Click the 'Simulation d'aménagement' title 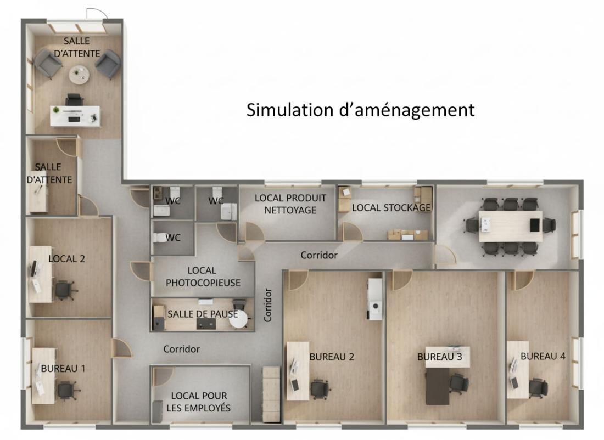[360, 110]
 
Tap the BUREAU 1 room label [63, 368]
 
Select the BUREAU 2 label [332, 357]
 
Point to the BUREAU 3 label [439, 357]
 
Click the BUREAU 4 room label [543, 356]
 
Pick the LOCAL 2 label [66, 259]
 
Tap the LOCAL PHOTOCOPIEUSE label [203, 277]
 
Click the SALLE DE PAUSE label [203, 314]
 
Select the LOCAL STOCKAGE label [392, 207]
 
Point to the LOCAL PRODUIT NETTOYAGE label [290, 204]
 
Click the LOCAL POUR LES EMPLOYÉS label [199, 402]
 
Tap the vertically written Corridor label [268, 305]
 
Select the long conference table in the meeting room [510, 226]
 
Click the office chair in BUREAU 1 [66, 390]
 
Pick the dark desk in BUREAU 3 [438, 386]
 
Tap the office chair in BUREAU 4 [538, 387]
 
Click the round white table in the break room [239, 319]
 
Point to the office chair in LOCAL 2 [64, 290]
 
